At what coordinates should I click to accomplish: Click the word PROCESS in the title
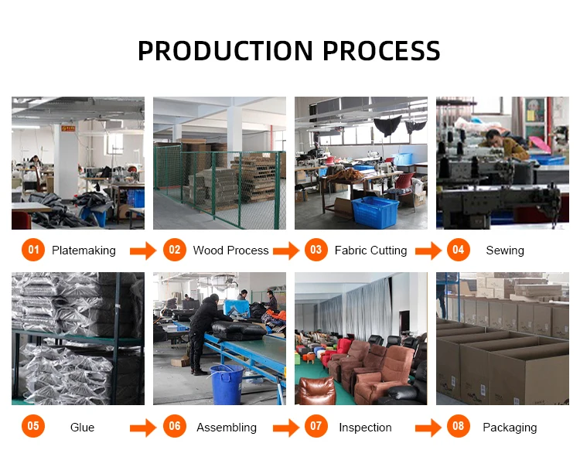(x=381, y=51)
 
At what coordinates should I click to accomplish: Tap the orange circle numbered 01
(x=32, y=250)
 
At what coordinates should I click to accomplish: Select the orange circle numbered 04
(x=459, y=250)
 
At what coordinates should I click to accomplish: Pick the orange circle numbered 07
(x=316, y=427)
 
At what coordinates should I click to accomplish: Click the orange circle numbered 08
(x=459, y=427)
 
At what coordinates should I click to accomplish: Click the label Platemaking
(x=84, y=251)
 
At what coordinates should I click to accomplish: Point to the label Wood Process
(x=230, y=251)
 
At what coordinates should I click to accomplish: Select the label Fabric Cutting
(x=370, y=251)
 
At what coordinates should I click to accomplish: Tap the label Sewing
(x=505, y=251)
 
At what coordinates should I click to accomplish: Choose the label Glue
(x=82, y=428)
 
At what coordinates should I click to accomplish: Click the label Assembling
(x=227, y=428)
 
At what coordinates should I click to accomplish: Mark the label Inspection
(x=365, y=428)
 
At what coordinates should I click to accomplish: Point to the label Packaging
(x=510, y=428)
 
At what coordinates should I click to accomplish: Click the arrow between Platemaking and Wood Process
(x=142, y=251)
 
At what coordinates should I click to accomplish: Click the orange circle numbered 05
(x=32, y=427)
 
